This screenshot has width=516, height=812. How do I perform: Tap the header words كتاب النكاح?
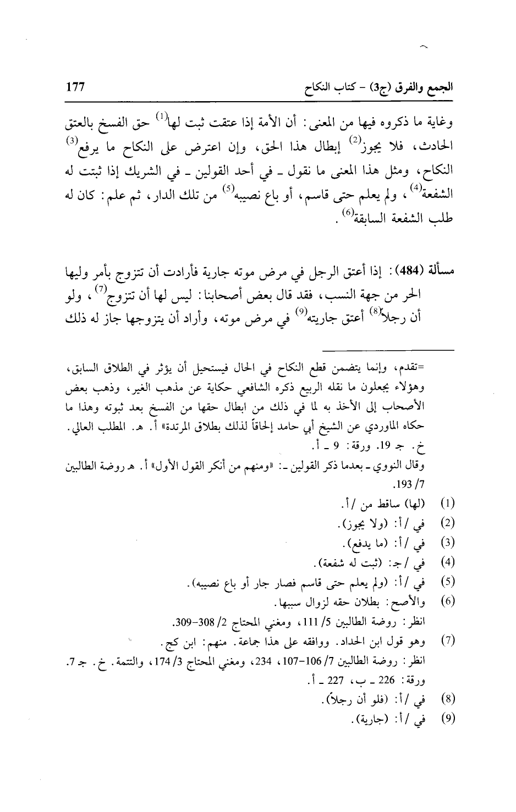[x=320, y=87]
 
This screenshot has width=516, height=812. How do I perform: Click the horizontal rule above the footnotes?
[x=388, y=350]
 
